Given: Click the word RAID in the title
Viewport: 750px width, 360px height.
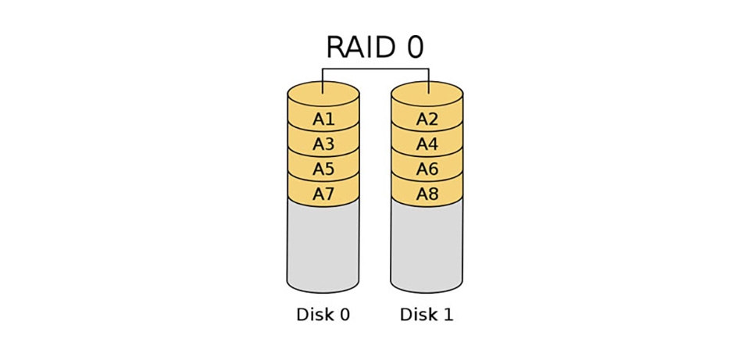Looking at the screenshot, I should click(362, 48).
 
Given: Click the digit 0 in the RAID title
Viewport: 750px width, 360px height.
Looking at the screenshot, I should click(413, 48).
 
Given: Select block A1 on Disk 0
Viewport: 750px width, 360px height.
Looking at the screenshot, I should click(323, 119).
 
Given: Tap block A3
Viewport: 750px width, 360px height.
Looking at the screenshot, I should click(323, 144).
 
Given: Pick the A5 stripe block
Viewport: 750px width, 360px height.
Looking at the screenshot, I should click(323, 169).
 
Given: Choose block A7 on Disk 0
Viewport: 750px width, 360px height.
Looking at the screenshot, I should click(323, 194).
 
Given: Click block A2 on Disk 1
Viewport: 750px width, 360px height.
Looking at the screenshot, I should click(427, 119).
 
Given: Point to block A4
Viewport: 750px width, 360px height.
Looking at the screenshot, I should click(427, 144).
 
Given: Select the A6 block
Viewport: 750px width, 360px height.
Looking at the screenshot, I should click(427, 169).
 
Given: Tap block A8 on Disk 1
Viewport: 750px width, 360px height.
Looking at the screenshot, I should click(427, 194).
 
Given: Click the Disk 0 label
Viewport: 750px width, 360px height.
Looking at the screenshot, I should click(323, 315).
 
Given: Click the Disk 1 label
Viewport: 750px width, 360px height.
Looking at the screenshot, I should click(427, 315).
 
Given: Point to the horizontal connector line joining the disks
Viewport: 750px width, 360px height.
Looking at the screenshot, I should click(376, 69).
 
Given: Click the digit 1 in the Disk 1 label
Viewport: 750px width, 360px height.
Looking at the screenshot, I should click(448, 315).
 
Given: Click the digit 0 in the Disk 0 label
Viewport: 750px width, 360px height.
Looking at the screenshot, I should click(344, 315).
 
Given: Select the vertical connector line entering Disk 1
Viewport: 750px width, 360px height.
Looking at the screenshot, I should click(429, 78).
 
